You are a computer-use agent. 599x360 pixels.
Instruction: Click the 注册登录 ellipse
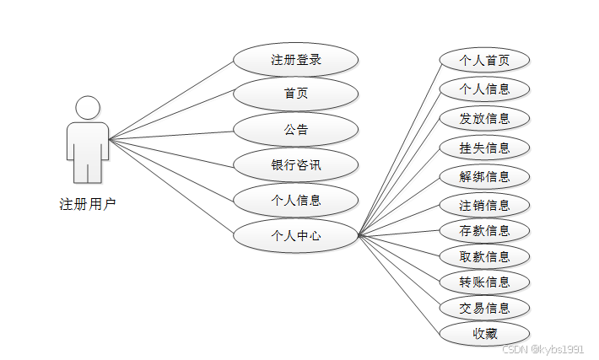296,60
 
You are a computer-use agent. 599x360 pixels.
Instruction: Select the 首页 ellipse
296,94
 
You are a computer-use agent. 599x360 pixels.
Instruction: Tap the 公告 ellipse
296,129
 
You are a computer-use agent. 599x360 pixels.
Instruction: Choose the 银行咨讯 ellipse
296,164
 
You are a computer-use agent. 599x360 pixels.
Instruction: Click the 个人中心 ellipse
296,235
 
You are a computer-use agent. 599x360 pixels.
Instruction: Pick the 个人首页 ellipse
484,60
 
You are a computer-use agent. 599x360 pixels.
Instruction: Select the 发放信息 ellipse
484,118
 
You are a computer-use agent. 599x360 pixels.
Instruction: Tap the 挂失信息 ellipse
484,148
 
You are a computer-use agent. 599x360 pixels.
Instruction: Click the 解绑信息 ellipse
484,176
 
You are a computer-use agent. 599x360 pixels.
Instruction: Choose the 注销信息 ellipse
484,205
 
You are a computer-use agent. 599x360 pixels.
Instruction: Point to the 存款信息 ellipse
484,230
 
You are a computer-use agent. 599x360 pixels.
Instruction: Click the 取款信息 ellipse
484,256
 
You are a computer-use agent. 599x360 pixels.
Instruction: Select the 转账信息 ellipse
484,282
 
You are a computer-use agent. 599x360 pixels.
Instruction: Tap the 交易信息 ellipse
484,307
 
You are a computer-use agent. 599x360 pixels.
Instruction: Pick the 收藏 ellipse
484,333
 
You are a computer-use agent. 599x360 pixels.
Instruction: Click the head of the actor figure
88,107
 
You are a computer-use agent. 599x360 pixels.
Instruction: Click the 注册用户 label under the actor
88,203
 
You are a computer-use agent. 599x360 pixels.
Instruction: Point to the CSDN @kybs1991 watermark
542,348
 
